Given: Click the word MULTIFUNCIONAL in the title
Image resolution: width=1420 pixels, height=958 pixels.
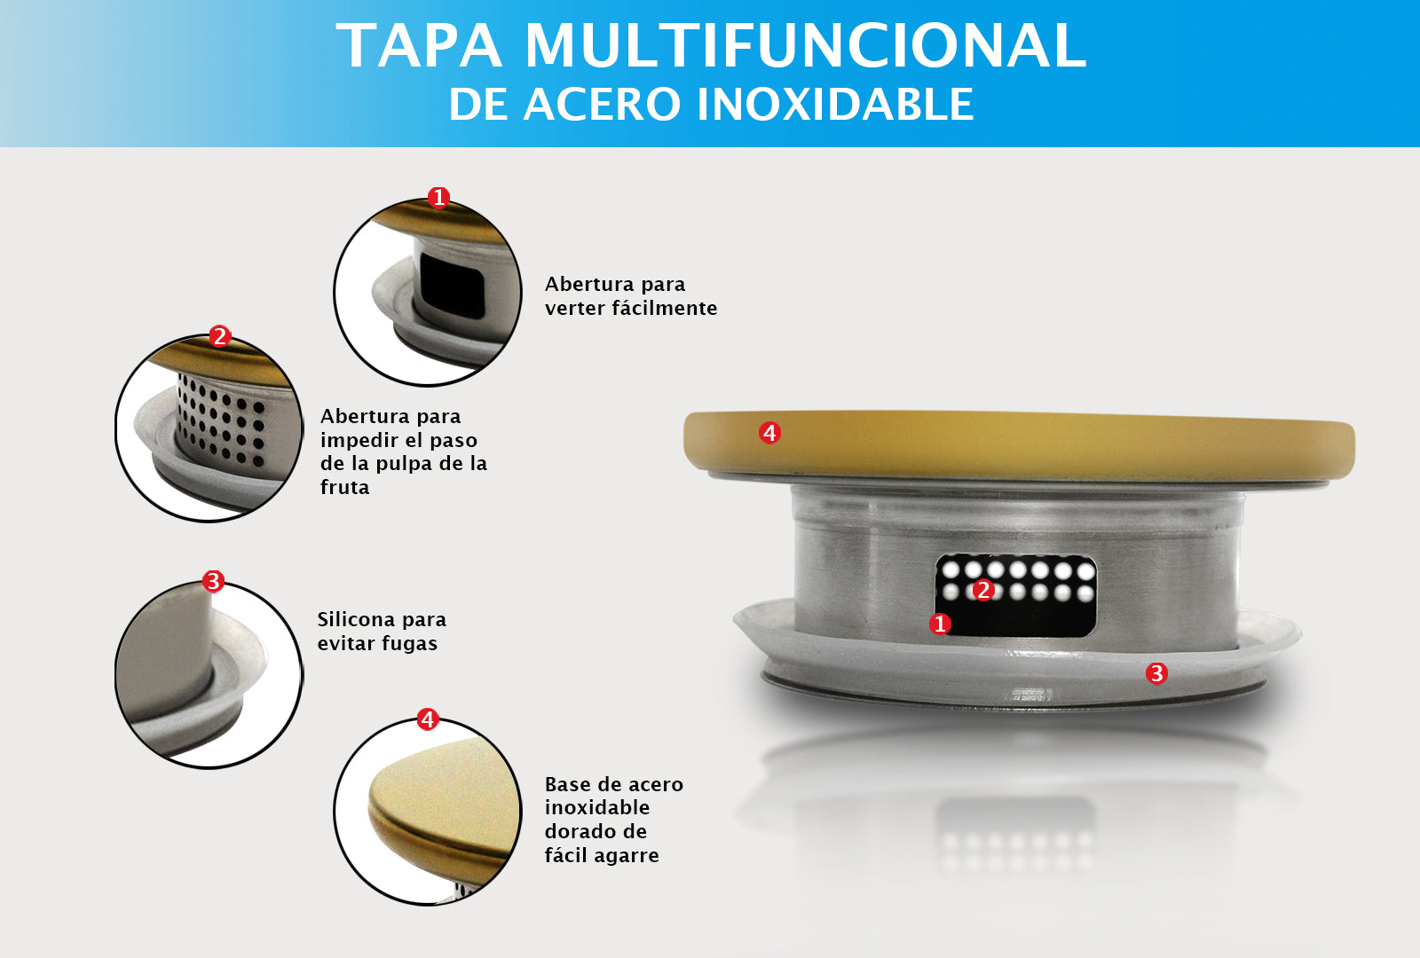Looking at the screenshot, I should tap(806, 45).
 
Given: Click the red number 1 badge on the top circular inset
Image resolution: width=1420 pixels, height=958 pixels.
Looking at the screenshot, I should tap(438, 197).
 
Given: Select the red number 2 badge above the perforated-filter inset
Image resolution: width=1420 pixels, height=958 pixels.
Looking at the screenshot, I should tap(220, 336).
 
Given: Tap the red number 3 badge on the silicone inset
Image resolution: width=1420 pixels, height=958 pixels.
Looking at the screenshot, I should tap(213, 581).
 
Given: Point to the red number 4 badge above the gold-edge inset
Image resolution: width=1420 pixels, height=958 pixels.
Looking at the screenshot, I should tap(428, 718).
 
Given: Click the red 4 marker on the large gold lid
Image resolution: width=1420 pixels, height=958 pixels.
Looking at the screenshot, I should tap(769, 433).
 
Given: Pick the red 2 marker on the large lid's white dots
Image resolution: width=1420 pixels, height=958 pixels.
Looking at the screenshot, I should tap(982, 590).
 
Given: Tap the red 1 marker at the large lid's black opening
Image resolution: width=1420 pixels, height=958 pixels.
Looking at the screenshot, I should tap(940, 624).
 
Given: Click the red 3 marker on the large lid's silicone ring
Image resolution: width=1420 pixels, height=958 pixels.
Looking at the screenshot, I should tap(1156, 673).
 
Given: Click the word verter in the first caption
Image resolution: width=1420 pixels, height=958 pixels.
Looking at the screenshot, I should tap(574, 309).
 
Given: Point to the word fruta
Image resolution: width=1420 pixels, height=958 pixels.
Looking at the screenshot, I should tap(344, 488).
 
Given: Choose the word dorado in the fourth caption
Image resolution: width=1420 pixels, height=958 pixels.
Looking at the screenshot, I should tap(574, 832).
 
